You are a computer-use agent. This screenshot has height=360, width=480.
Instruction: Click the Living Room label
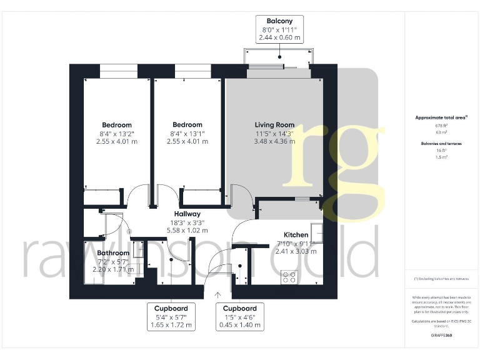(x=274, y=125)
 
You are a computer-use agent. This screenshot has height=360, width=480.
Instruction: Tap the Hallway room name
(x=187, y=214)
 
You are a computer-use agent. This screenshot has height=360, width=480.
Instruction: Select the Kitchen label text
(x=296, y=235)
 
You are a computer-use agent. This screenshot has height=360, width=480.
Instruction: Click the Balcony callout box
(x=280, y=29)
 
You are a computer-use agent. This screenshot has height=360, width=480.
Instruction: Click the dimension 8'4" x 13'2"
(x=117, y=133)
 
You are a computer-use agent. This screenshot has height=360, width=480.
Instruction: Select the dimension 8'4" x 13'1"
(x=187, y=133)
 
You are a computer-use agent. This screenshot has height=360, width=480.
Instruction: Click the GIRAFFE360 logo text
(x=441, y=336)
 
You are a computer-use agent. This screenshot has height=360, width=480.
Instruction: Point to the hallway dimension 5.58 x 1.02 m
(x=187, y=230)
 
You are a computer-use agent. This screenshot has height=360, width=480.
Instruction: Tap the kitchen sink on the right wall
(x=319, y=232)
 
